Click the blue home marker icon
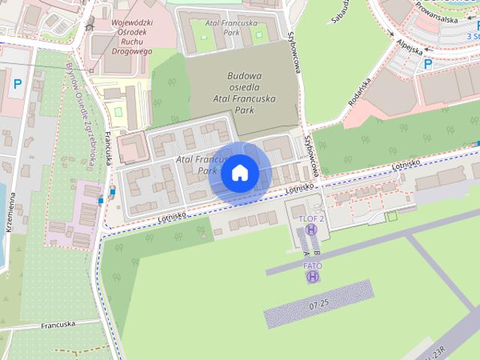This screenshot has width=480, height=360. click(240, 172)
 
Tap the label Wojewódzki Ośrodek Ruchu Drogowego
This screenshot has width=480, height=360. click(121, 37)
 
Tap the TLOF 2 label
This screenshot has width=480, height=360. click(311, 218)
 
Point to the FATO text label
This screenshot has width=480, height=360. click(313, 265)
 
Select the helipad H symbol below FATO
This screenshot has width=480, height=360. click(313, 277)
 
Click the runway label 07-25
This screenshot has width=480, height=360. click(318, 304)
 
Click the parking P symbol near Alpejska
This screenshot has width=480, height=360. click(428, 64)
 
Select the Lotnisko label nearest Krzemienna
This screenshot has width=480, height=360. click(172, 217)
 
